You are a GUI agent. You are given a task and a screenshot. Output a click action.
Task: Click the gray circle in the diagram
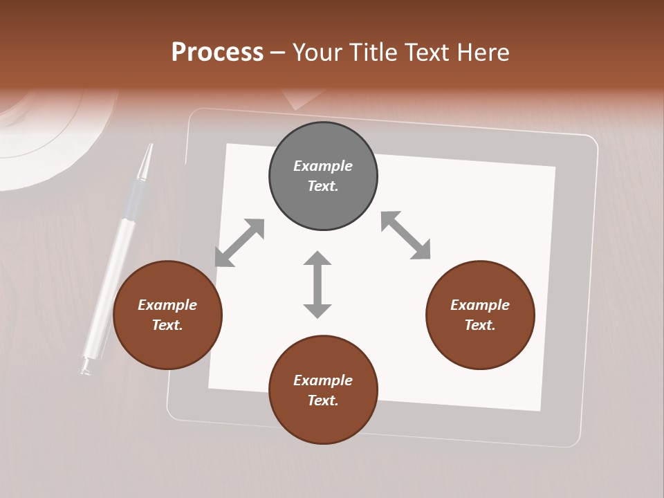[x=323, y=176]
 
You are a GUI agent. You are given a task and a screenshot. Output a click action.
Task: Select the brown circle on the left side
[x=167, y=315]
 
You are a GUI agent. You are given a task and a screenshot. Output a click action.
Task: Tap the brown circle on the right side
[x=480, y=315]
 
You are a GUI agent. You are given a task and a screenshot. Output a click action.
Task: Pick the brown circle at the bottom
[x=323, y=389]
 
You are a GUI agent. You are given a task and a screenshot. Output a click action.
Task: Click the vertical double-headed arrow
[x=317, y=284]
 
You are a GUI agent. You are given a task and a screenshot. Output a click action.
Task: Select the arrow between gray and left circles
[x=239, y=243]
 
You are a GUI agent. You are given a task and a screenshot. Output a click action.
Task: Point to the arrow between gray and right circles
[x=406, y=235]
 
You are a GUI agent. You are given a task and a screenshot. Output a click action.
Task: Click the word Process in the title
[x=217, y=52]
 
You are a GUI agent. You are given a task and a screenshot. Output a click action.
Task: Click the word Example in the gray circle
[x=323, y=166]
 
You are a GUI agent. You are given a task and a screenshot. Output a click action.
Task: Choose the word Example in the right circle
[x=480, y=305]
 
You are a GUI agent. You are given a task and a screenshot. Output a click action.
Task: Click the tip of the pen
[x=147, y=151]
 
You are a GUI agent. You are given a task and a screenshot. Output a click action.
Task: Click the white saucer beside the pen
[x=41, y=138]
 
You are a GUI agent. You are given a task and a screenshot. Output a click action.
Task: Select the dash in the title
[x=278, y=52]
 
